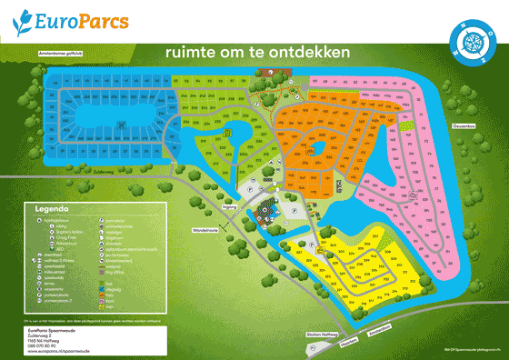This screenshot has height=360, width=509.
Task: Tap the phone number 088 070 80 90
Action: tap(45, 341)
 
